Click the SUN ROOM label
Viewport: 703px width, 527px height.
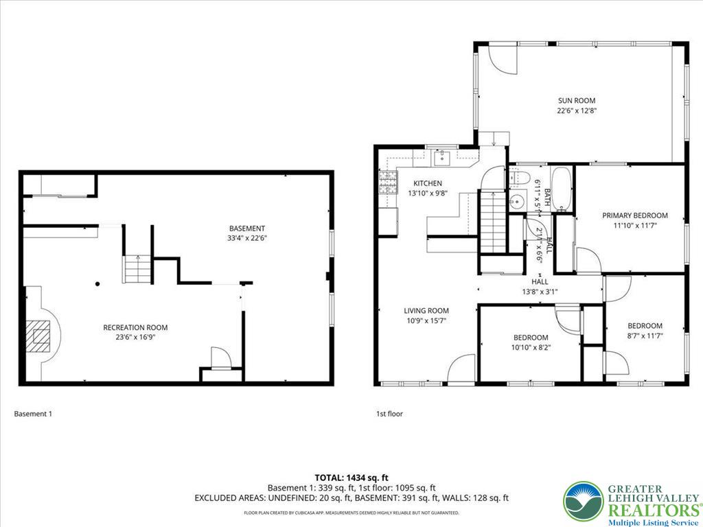point(576,100)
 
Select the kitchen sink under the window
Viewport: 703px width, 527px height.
point(443,158)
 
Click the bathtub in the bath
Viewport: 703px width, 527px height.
point(562,189)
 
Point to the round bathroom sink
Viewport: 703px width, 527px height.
point(518,202)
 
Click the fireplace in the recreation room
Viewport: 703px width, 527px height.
point(41,336)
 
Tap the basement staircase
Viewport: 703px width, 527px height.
point(137,268)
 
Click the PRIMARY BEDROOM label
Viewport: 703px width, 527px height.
point(634,215)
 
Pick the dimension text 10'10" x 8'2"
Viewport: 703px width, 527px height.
point(531,347)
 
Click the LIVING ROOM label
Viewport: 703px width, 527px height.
point(426,311)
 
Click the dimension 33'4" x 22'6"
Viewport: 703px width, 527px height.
point(247,238)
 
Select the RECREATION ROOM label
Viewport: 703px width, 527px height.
point(135,327)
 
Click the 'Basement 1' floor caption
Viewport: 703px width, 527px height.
point(33,414)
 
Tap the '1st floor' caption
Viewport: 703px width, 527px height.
point(389,414)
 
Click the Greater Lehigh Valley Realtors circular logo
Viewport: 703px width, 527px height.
point(583,502)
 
